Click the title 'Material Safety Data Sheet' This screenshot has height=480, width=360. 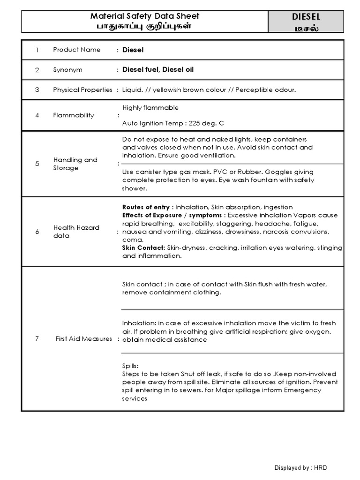pyautogui.click(x=144, y=16)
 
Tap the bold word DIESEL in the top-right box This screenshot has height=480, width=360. pyautogui.click(x=306, y=17)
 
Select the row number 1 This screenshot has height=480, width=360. pyautogui.click(x=37, y=50)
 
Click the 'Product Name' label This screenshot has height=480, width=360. pyautogui.click(x=76, y=50)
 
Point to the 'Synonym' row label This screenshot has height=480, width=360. pyautogui.click(x=67, y=70)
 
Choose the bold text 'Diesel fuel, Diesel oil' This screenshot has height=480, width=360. pyautogui.click(x=158, y=70)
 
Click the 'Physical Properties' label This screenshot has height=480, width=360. pyautogui.click(x=82, y=90)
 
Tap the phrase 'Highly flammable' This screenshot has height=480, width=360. pyautogui.click(x=150, y=108)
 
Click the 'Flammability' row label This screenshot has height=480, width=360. pyautogui.click(x=73, y=115)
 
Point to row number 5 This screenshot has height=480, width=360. pyautogui.click(x=37, y=164)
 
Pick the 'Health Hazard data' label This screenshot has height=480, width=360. pyautogui.click(x=76, y=232)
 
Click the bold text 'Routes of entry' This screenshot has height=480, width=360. pyautogui.click(x=145, y=207)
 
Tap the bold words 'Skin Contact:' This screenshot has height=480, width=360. pyautogui.click(x=143, y=247)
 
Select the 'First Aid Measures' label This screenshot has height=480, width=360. pyautogui.click(x=83, y=339)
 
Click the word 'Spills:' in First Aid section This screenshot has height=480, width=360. pyautogui.click(x=131, y=366)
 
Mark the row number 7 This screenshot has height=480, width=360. pyautogui.click(x=37, y=339)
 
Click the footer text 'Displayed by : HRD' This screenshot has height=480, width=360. pyautogui.click(x=300, y=468)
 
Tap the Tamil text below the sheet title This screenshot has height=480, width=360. pyautogui.click(x=144, y=26)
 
